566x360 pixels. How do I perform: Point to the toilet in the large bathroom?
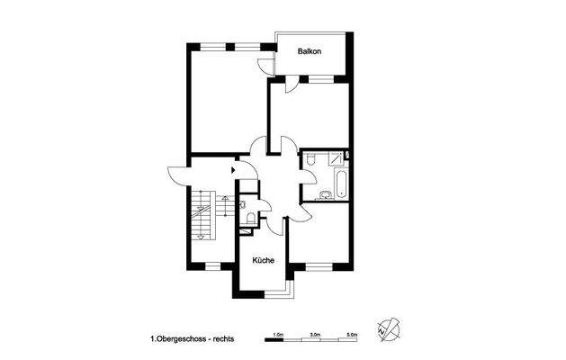coord(310,159)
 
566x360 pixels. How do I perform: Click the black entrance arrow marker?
coord(233,167)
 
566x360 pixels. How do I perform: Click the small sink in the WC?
coord(245,204)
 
